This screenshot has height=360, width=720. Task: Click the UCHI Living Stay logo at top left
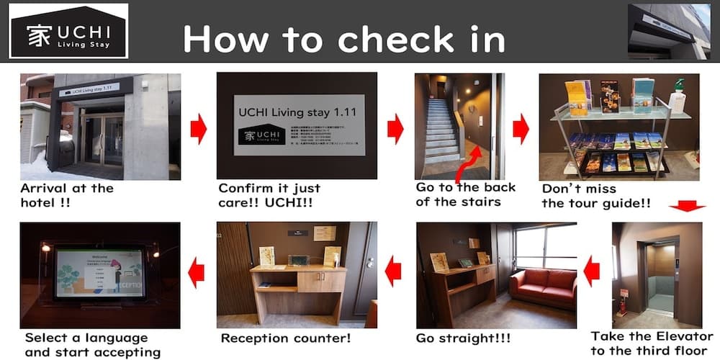click(x=68, y=31)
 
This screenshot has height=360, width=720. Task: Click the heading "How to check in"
click(x=343, y=37)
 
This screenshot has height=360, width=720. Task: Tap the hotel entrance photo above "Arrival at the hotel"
click(x=100, y=127)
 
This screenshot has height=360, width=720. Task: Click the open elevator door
click(x=662, y=276)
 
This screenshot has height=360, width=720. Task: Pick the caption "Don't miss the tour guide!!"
click(x=596, y=195)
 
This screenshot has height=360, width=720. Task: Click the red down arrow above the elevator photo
click(x=687, y=207)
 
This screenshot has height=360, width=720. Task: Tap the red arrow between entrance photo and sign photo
click(x=198, y=130)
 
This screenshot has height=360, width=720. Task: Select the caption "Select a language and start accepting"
click(x=93, y=344)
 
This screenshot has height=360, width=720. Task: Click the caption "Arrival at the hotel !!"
click(x=67, y=195)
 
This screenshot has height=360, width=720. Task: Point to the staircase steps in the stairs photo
click(x=441, y=130)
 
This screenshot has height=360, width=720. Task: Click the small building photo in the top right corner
click(x=669, y=31)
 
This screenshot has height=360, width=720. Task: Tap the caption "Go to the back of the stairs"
click(x=466, y=194)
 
